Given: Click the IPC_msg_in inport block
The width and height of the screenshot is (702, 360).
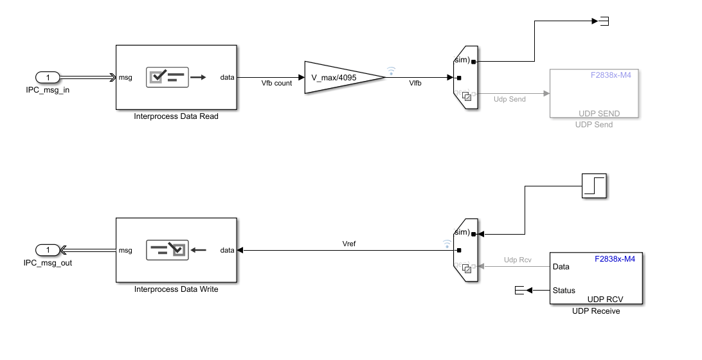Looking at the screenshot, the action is pos(48,77).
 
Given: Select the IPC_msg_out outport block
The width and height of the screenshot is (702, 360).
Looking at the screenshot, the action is pos(48,250).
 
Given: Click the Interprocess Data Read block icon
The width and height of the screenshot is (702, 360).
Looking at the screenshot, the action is pos(167,77).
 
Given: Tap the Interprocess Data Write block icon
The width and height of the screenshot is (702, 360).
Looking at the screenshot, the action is pos(167,250).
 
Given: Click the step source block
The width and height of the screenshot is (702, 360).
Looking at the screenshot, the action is pos(594,186).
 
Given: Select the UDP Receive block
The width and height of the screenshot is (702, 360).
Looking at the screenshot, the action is pos(596,278).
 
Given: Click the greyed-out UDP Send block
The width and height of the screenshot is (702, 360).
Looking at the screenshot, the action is pos(594,93).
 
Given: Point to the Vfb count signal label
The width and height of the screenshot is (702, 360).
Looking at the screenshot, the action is pos(276,84).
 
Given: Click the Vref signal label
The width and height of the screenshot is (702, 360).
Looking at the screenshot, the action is pos(349,244).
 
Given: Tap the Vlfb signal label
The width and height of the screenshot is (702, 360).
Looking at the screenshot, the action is pos(415,84).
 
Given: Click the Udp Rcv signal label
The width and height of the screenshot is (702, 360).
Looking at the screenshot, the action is pos(517,260).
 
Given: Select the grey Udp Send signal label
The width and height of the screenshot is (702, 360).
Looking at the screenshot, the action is pos(510,99).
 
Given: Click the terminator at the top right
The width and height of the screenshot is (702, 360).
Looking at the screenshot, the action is pos(604,21).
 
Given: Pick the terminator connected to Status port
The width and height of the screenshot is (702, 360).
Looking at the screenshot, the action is pos(520,290).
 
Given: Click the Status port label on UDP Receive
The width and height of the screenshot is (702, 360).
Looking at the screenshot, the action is pos(564,291).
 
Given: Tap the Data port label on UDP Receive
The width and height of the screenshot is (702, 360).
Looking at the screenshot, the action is pos(561,267).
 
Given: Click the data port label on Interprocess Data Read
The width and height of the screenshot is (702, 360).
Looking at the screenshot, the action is pos(227,77).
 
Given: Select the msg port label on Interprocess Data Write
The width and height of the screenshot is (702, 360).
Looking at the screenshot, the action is pos(125,250).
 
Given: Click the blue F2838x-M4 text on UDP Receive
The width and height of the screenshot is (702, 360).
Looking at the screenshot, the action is pos(615,259).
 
